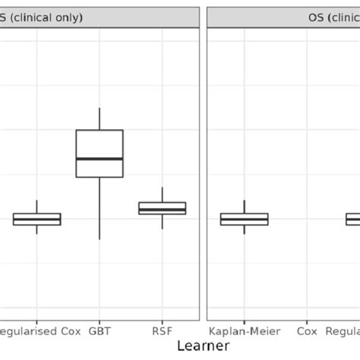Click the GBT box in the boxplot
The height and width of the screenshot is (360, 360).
[x=99, y=144]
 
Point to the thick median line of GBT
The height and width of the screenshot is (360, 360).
[x=99, y=159]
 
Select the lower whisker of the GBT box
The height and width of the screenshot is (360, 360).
[x=99, y=209]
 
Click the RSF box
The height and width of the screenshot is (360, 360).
[x=162, y=208]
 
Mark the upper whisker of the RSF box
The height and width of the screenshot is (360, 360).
[x=162, y=194]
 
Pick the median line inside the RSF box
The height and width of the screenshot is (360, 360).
[x=162, y=210]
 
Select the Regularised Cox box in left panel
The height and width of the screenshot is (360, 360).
[x=36, y=219]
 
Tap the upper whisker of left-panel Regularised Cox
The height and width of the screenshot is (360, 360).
[x=36, y=207]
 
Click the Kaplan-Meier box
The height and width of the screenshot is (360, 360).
[x=244, y=219]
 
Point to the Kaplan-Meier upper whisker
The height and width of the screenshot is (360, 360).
[x=244, y=207]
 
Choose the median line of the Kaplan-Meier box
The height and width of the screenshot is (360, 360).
[x=244, y=219]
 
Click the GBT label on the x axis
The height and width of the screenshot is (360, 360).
[x=99, y=331]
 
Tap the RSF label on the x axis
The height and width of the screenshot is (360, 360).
[x=162, y=331]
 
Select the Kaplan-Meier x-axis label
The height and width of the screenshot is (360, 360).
[x=244, y=331]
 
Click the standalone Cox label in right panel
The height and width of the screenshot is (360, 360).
[x=307, y=331]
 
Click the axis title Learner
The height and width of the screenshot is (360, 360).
[x=203, y=346]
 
